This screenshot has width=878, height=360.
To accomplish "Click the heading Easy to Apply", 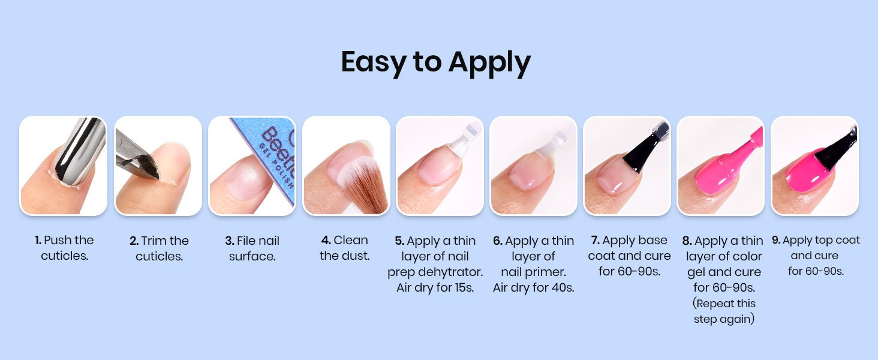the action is click(435, 62).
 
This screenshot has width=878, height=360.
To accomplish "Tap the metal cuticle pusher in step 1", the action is click(80, 151).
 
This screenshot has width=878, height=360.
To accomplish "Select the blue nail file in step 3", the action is click(270, 157).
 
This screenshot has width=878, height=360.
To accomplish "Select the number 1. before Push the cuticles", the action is click(38, 240).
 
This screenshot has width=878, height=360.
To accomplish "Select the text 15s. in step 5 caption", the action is click(464, 287).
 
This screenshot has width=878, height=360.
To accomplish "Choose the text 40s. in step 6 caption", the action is click(563, 287).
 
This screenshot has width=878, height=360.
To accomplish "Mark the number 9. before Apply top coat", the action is click(776, 240).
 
